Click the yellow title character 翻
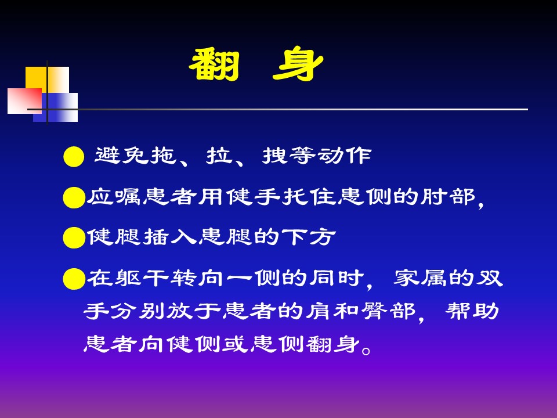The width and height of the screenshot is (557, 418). (214, 65)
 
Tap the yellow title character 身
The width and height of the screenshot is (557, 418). (298, 65)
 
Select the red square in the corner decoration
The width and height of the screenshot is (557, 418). (24, 101)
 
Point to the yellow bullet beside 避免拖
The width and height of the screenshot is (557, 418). (74, 157)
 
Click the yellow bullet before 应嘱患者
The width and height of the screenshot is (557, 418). (74, 197)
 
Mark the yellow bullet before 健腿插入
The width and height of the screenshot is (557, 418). (74, 237)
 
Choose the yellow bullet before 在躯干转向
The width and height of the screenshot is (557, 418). (74, 279)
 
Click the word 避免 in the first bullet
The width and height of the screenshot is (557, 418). (121, 156)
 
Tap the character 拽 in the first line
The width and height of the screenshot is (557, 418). (274, 156)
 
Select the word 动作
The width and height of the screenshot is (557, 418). (344, 156)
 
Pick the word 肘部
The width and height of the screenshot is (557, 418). (448, 197)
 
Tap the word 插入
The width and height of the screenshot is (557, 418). (169, 236)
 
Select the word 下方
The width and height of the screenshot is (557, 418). (309, 236)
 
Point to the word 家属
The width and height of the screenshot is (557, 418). (419, 278)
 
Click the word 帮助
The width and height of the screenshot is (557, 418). (472, 311)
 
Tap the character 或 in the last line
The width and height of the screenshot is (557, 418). (235, 344)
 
